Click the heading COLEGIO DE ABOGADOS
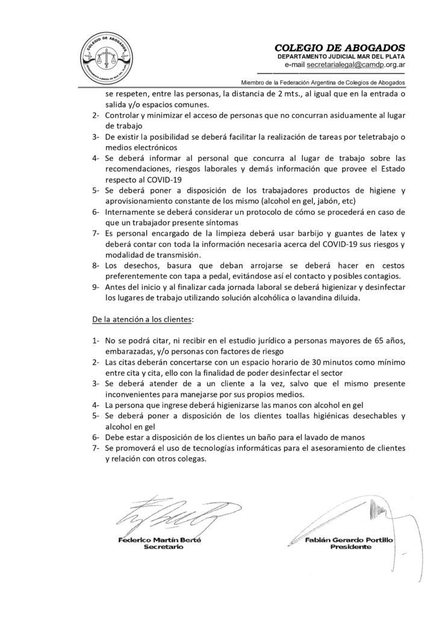pos(340,48)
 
